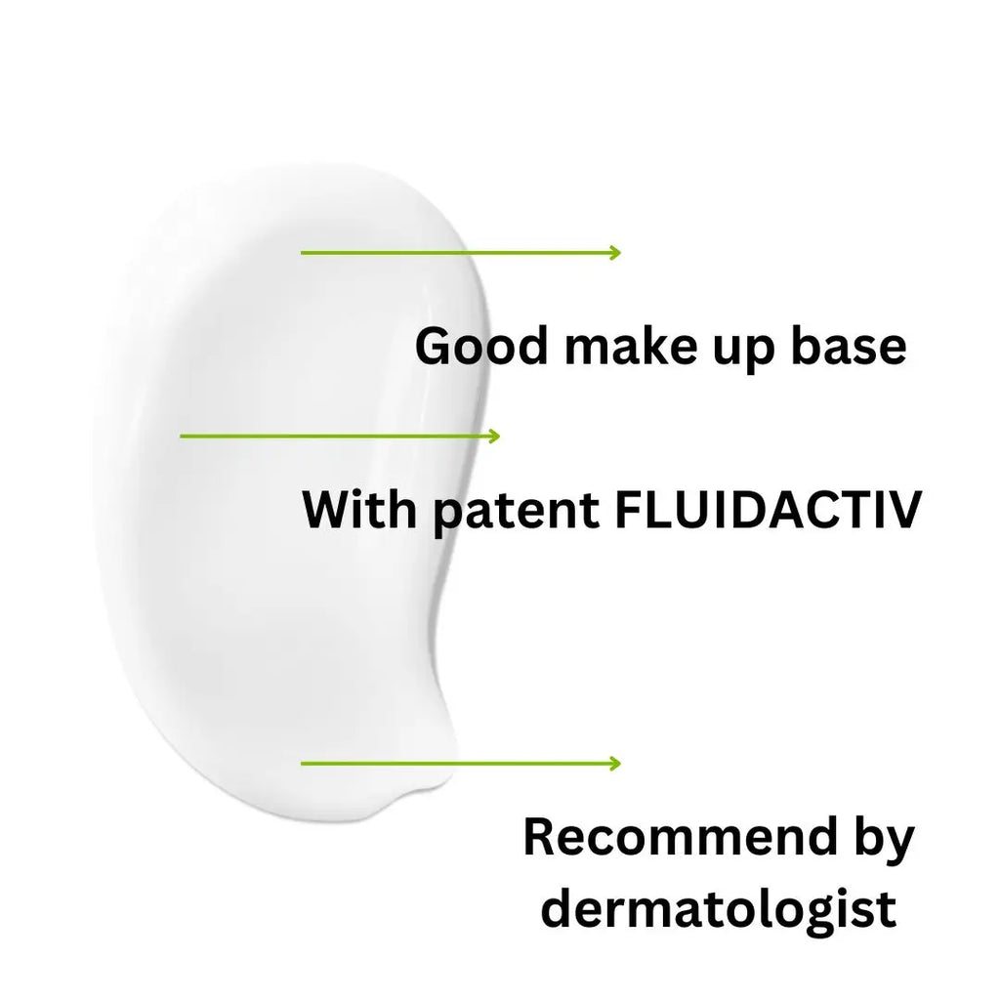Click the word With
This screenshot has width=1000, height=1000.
point(359,510)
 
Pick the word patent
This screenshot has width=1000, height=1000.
point(517,514)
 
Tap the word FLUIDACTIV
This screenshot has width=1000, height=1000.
point(769,510)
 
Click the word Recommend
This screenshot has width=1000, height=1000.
point(680,837)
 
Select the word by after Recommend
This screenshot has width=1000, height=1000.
point(884,842)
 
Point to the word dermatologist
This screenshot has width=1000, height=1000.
point(719,911)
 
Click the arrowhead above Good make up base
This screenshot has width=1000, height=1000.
point(615,253)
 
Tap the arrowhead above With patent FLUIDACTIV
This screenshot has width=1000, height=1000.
point(494,437)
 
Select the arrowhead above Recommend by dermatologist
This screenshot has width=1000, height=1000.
point(615,764)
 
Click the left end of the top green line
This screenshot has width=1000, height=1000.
point(302,253)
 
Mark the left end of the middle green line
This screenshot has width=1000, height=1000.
point(181,437)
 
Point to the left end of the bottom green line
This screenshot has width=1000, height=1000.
point(302,764)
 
